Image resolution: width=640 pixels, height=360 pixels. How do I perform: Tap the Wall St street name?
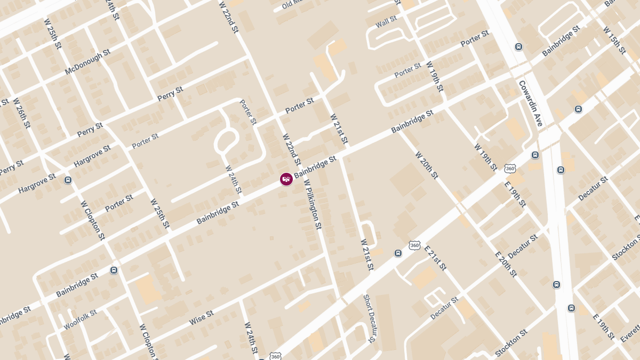click(x=386, y=22)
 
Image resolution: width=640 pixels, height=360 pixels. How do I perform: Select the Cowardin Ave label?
click(x=530, y=103)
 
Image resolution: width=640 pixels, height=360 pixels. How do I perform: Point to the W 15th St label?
click(x=614, y=40)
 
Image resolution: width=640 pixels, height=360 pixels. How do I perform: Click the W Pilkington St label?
click(x=313, y=204)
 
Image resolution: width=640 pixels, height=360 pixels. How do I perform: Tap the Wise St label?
click(x=201, y=318)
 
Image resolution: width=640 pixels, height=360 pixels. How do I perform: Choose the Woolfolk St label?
click(x=80, y=319)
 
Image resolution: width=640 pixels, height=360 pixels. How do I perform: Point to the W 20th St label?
click(x=426, y=165)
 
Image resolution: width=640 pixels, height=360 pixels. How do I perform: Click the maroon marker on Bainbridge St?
click(x=286, y=179)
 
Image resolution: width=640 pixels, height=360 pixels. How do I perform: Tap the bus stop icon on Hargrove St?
click(x=68, y=180)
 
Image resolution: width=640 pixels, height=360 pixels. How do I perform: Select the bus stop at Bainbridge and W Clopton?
click(x=114, y=270)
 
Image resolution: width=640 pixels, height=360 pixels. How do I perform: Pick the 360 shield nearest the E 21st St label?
click(x=414, y=245)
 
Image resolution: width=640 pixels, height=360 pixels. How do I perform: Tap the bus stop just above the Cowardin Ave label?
click(x=518, y=47)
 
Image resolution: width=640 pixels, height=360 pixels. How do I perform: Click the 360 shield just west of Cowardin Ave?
click(x=510, y=169)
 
